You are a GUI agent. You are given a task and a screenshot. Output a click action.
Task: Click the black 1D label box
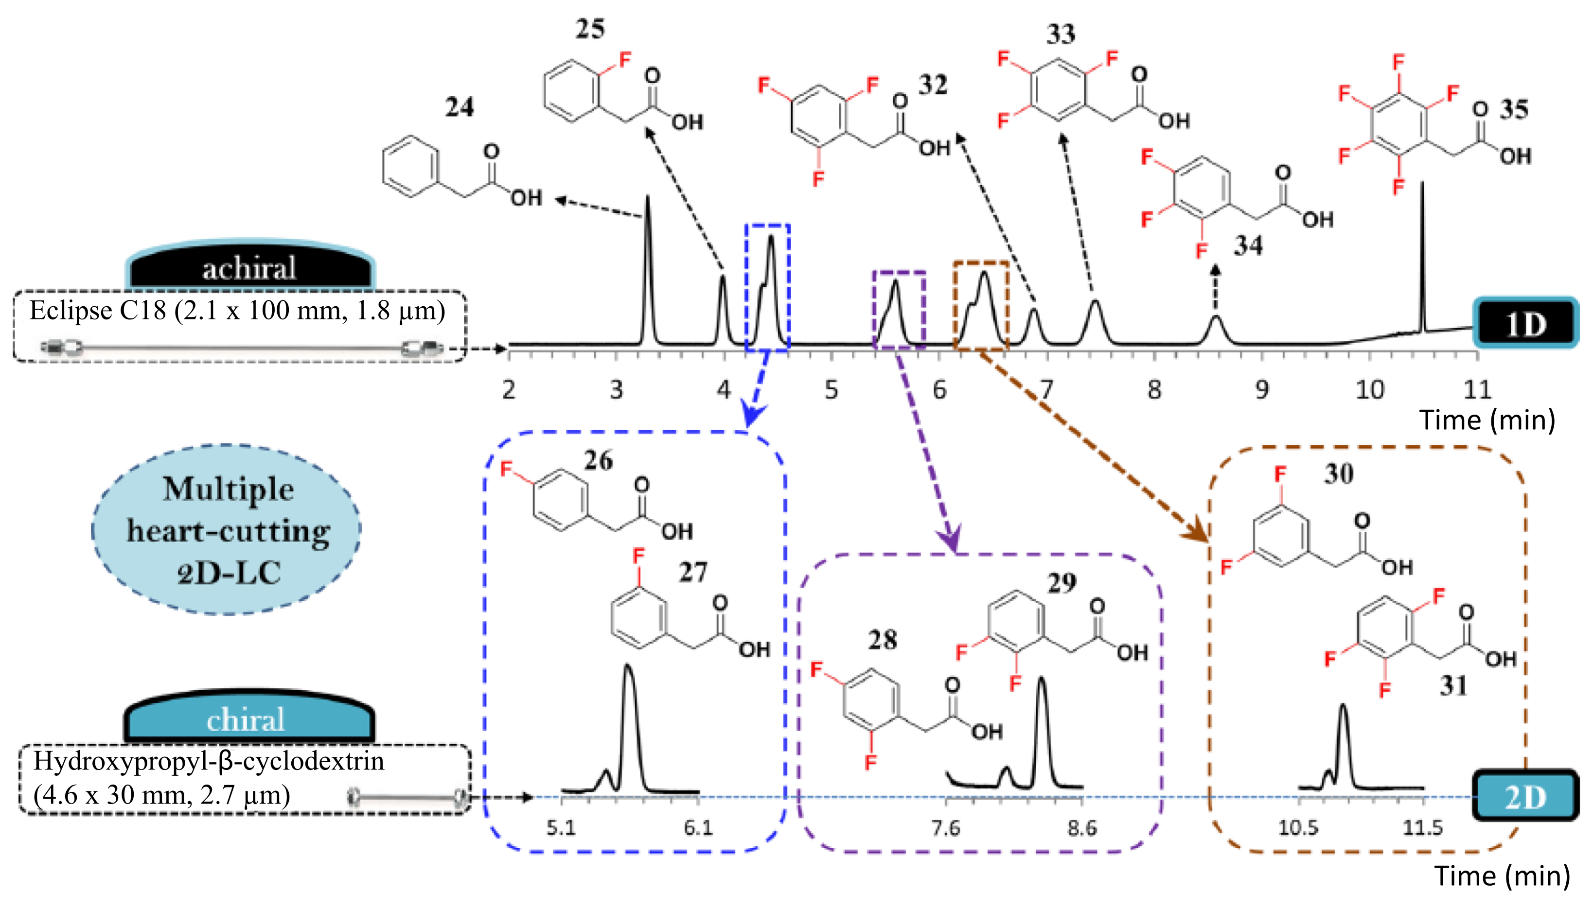1525,323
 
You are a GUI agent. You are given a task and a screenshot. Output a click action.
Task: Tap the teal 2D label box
1525,797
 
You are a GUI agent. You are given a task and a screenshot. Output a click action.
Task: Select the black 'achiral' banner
249,267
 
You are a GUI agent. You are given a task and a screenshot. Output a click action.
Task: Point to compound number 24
459,107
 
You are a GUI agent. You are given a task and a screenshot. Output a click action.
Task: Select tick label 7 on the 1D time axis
1046,390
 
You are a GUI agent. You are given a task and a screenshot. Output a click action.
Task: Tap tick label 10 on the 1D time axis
1369,390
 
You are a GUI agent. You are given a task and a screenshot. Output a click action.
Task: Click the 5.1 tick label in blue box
560,828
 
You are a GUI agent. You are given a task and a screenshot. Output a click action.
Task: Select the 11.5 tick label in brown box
1423,828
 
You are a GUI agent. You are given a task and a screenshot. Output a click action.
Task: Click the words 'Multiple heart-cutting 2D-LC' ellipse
228,530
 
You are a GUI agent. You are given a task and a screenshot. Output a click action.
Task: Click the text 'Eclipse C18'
97,311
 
